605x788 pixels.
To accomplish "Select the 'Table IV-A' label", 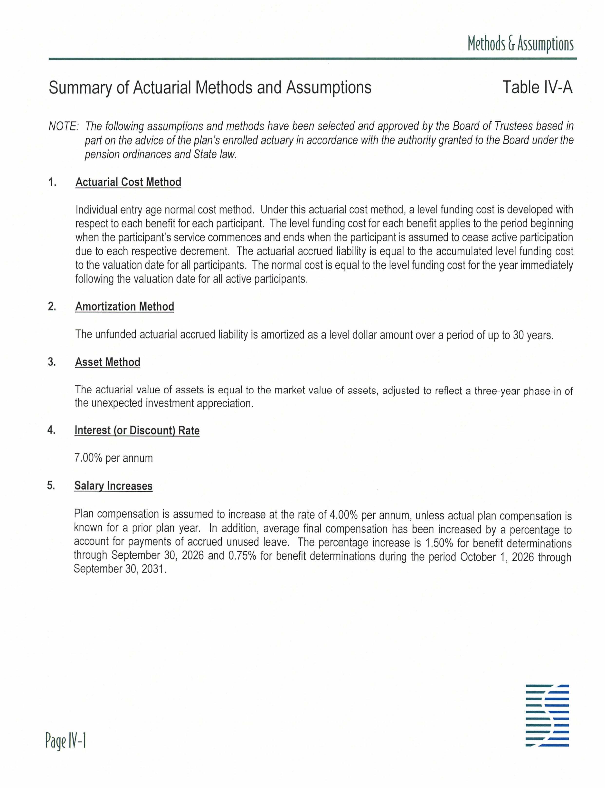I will pos(537,88).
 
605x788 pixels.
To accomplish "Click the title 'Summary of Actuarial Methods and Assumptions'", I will pos(210,88).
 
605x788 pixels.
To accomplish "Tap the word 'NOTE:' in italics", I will pos(63,126).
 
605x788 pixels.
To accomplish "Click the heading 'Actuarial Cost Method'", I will pos(128,182).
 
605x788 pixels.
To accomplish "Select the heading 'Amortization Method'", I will pos(125,307).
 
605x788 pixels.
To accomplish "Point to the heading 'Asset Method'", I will pos(107,362).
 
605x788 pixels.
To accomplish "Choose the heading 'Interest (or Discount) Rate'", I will pos(137,431).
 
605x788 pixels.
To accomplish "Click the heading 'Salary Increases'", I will pos(113,486).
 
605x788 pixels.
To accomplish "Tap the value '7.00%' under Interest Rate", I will pos(88,458).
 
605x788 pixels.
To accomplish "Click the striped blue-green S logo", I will pos(547,715).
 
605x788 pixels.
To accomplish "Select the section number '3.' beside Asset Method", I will pos(52,362).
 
